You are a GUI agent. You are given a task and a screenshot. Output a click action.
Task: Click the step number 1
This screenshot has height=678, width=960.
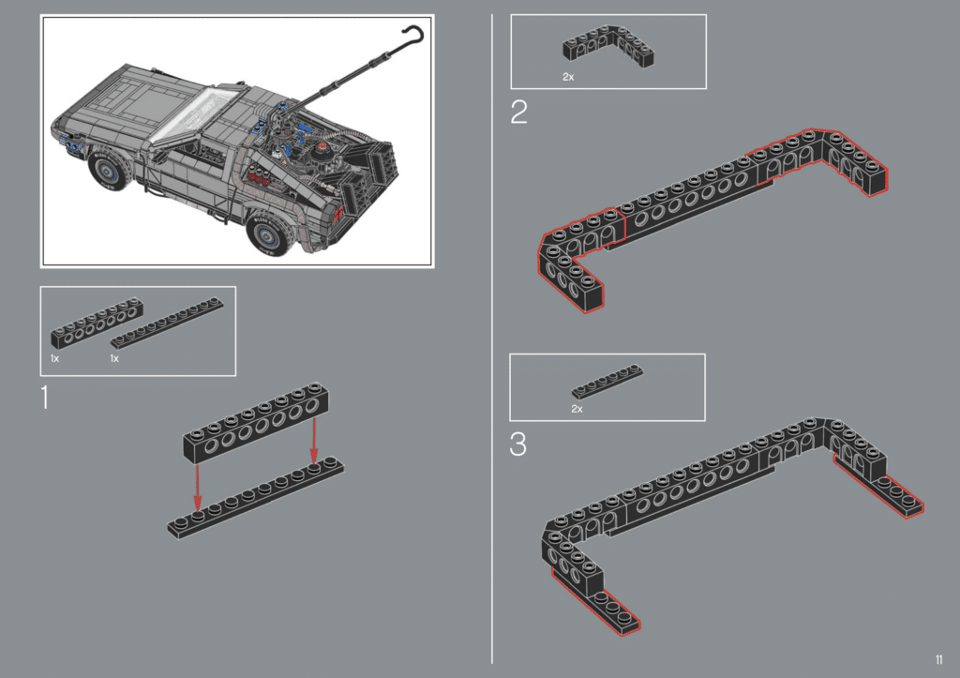pyautogui.click(x=45, y=398)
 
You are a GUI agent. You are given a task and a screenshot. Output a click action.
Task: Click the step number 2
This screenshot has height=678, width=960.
pyautogui.click(x=518, y=113)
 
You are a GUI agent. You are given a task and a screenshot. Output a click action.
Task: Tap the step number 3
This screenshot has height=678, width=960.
pyautogui.click(x=517, y=444)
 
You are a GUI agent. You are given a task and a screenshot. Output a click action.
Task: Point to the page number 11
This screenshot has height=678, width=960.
pyautogui.click(x=938, y=657)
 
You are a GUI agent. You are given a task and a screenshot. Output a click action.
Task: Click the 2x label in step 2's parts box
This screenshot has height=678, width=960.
pyautogui.click(x=568, y=77)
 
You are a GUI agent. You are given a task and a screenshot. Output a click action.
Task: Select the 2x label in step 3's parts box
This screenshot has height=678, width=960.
pyautogui.click(x=577, y=409)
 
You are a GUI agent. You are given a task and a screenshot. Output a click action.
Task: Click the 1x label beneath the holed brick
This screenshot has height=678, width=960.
pyautogui.click(x=55, y=359)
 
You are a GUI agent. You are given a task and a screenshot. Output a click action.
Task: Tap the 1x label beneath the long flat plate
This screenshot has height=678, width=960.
pyautogui.click(x=115, y=359)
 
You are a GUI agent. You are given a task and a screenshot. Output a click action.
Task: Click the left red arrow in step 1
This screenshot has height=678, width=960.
pyautogui.click(x=197, y=487)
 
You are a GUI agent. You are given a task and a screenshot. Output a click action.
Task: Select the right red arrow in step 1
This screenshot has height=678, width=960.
pyautogui.click(x=315, y=442)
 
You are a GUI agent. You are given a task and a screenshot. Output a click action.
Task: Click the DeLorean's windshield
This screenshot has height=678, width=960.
pyautogui.click(x=201, y=115)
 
